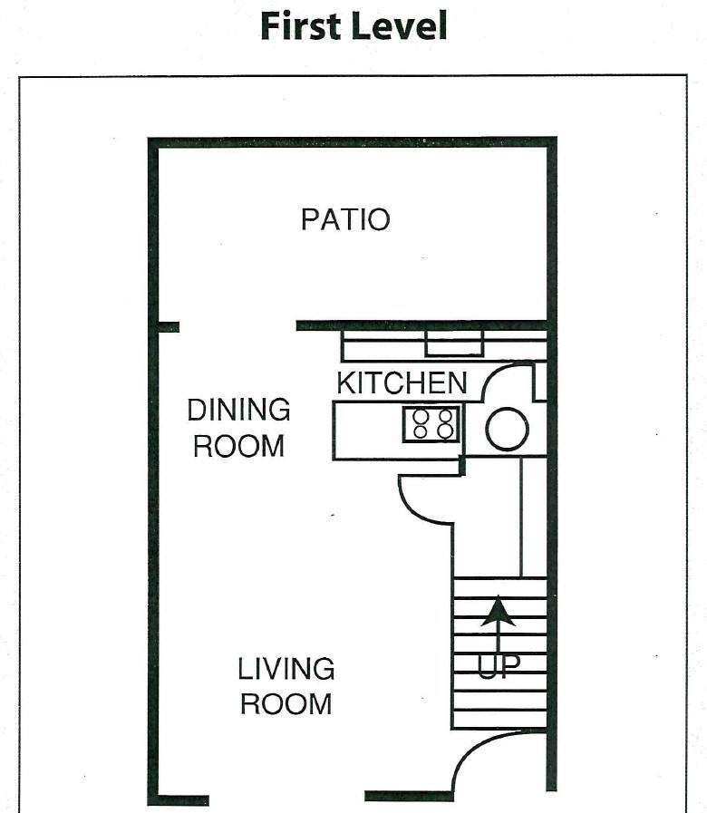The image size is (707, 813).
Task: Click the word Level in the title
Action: pyautogui.click(x=401, y=25)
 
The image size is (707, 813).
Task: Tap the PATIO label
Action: pyautogui.click(x=345, y=219)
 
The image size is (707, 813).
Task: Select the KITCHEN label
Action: pyautogui.click(x=402, y=382)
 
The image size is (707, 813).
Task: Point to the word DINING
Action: pyautogui.click(x=238, y=410)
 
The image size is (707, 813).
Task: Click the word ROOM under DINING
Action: pyautogui.click(x=238, y=446)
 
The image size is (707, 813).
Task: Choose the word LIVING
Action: pyautogui.click(x=286, y=670)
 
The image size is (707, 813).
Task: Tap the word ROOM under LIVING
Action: pyautogui.click(x=286, y=704)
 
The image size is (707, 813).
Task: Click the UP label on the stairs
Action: pyautogui.click(x=499, y=667)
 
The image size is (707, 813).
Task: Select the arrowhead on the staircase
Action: pyautogui.click(x=498, y=613)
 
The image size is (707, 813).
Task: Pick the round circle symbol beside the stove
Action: pyautogui.click(x=507, y=429)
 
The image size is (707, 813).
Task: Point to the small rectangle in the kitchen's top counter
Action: pyautogui.click(x=454, y=344)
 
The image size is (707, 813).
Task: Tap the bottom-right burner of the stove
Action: pyautogui.click(x=445, y=431)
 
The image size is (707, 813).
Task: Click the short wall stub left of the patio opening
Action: pyautogui.click(x=167, y=327)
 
